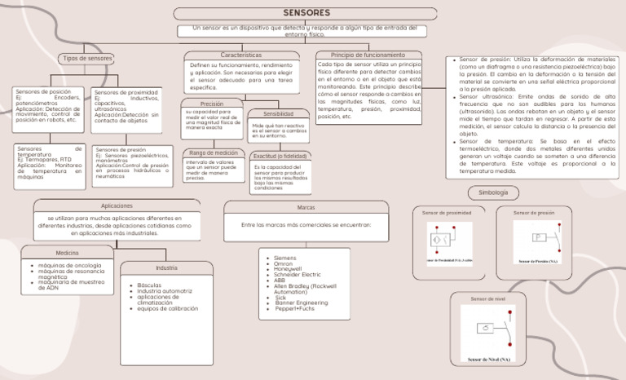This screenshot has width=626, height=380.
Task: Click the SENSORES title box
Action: pos(306,13)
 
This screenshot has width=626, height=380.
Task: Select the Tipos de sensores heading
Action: pos(87,58)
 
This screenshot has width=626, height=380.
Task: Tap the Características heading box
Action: pos(241,55)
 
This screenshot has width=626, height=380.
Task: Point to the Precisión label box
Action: pos(212,104)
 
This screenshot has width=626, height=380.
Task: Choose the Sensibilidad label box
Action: pos(273,114)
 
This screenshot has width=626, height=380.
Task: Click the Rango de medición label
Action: pos(214,152)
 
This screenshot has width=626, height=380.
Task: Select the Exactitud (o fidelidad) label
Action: pos(280,156)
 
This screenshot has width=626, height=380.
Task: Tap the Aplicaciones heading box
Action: pos(117,205)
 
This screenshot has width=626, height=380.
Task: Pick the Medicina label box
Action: pos(68,253)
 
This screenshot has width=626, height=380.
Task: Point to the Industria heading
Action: pos(166,267)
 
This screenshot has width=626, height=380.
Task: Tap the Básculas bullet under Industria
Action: pos(150,285)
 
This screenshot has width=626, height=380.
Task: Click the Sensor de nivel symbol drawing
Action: pos(488,334)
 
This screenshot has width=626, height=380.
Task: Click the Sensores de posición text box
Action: pos(48,106)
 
